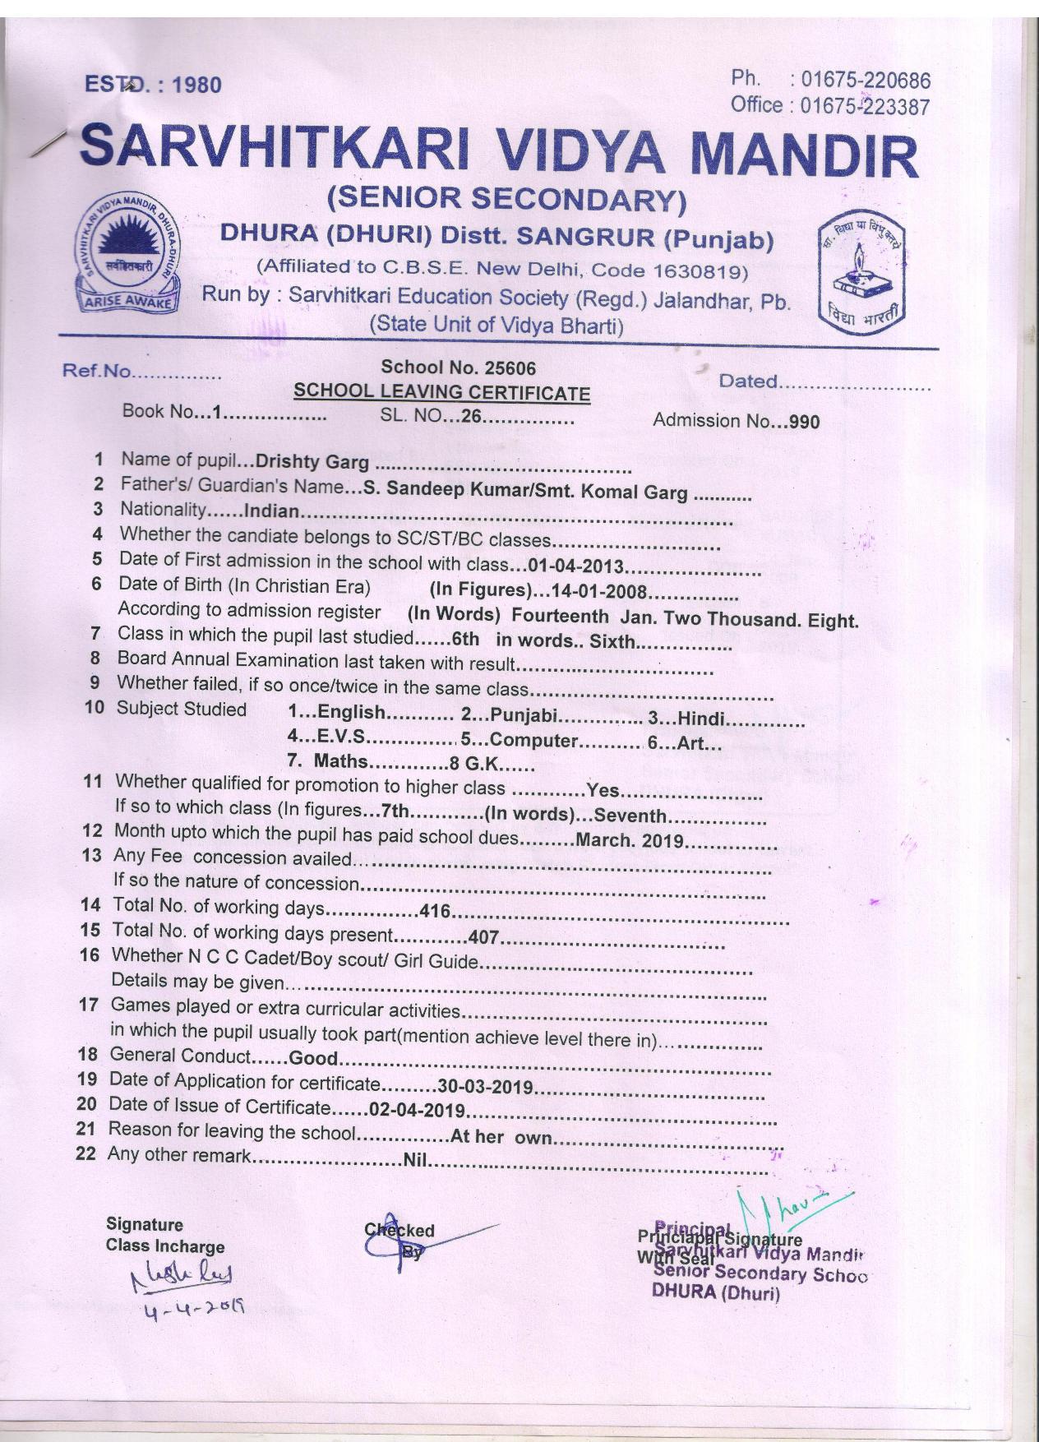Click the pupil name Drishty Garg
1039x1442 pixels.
[312, 461]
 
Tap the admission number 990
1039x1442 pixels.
[803, 422]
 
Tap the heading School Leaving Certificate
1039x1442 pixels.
[441, 393]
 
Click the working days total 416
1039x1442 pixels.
[436, 911]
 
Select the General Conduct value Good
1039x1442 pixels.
[313, 1058]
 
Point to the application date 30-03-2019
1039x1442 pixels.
[487, 1087]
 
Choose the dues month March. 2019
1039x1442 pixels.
[630, 840]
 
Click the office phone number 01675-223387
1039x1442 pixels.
[865, 106]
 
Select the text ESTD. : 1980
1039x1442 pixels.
[153, 85]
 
